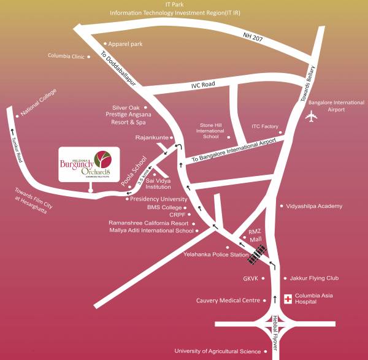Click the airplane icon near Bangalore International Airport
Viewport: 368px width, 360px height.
(312, 117)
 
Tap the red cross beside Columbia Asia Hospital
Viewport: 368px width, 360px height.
(288, 299)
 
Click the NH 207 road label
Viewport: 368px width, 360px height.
(252, 39)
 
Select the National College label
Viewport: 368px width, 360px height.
(39, 102)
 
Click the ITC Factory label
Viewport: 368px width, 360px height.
(264, 126)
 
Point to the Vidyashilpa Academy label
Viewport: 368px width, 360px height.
(314, 206)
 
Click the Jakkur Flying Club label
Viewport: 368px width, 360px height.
(311, 278)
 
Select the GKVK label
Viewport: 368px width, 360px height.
(250, 278)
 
